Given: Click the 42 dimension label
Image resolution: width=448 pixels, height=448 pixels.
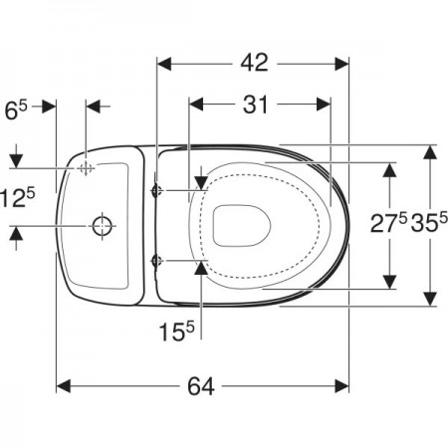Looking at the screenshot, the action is pyautogui.click(x=254, y=63).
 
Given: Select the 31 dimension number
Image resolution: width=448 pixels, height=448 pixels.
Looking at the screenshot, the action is pyautogui.click(x=255, y=105).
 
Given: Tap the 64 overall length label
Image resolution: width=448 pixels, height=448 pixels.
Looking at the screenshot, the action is pyautogui.click(x=201, y=386).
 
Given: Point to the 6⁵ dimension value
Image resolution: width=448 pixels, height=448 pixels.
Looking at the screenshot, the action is pyautogui.click(x=16, y=111).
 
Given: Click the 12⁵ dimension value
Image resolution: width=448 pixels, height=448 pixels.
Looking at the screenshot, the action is pyautogui.click(x=17, y=198).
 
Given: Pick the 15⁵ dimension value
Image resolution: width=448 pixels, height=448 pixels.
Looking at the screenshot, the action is pyautogui.click(x=177, y=332).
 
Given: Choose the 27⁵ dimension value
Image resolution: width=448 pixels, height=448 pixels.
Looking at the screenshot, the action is pyautogui.click(x=388, y=222).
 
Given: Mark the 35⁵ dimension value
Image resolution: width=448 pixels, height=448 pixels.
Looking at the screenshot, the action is pyautogui.click(x=429, y=222).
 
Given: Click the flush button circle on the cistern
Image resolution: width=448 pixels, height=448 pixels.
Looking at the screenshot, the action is pyautogui.click(x=102, y=226).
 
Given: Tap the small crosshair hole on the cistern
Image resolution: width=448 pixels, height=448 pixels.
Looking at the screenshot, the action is pyautogui.click(x=86, y=168).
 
